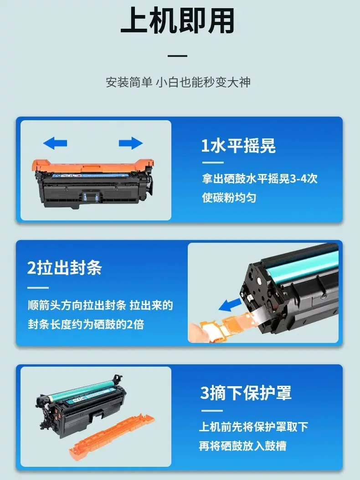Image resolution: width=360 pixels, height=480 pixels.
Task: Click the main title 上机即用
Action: coord(178,20)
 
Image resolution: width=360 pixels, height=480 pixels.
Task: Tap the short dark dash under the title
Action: coord(177,56)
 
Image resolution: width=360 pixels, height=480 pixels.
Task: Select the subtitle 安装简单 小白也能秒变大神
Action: coord(178,82)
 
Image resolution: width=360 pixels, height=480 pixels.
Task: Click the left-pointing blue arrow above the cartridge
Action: coord(55,143)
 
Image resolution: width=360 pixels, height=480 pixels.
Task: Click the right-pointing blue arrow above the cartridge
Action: coord(131,143)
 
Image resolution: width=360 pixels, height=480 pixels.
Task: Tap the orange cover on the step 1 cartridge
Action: coord(93,166)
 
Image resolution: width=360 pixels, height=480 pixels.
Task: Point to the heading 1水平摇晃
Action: coord(238,145)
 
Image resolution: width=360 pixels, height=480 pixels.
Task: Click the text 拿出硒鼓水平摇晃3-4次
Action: coord(259,179)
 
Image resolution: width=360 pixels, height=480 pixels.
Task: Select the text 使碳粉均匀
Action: coord(229,198)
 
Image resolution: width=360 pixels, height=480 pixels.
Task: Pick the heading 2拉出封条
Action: coord(64,267)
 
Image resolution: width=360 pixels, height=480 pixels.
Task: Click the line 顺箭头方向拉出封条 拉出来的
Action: coord(100,305)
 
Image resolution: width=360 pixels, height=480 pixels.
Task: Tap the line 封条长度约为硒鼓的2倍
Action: coord(86,324)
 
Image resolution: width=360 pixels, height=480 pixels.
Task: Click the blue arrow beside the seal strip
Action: coord(230,305)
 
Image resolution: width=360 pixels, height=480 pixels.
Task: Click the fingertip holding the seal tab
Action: coord(196,333)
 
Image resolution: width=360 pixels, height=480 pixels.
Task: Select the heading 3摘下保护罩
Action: coord(246,393)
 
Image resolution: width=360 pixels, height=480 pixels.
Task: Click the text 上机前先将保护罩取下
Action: coord(253,427)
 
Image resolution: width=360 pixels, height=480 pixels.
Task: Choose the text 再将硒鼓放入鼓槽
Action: coord(242,446)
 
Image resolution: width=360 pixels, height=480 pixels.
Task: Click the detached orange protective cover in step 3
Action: coord(112,435)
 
